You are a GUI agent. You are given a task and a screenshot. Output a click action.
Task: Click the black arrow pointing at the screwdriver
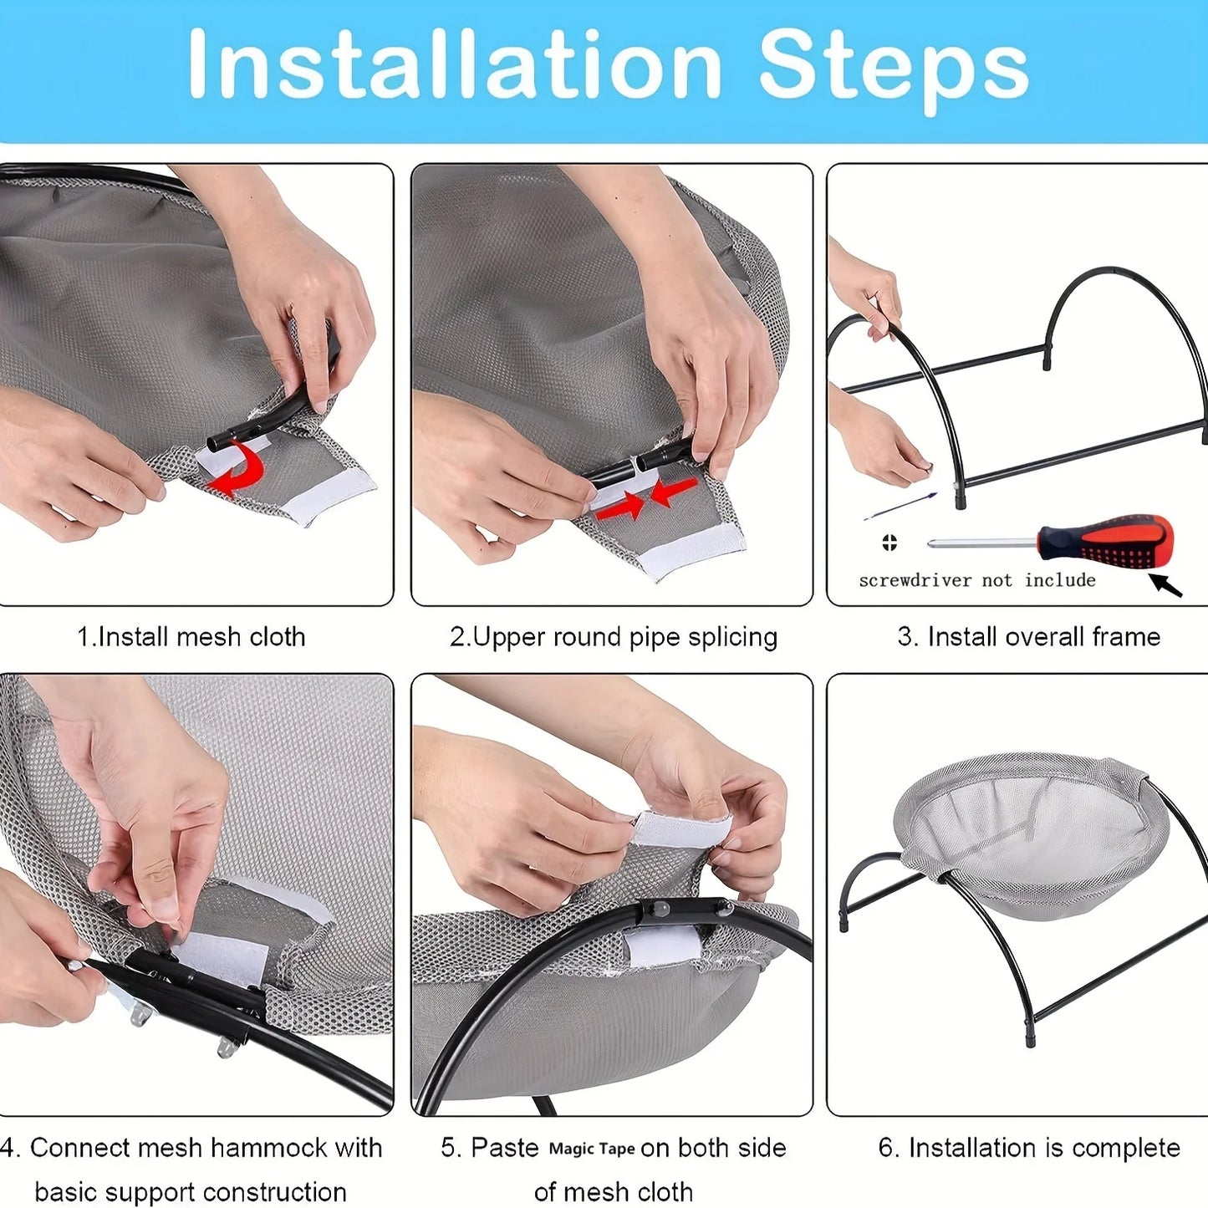1165,584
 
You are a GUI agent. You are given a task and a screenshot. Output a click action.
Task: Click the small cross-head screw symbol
889,543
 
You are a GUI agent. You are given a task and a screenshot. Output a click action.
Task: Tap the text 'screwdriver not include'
976,580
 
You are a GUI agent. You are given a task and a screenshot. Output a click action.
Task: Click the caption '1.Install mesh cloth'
191,637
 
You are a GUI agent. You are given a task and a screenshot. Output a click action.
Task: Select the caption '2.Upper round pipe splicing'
613,637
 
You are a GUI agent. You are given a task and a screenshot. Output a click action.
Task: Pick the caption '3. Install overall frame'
1028,637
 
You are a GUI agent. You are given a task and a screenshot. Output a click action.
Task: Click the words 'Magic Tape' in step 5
591,1149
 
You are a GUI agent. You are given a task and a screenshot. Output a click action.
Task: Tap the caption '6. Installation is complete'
1028,1148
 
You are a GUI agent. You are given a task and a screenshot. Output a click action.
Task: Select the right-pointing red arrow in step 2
620,505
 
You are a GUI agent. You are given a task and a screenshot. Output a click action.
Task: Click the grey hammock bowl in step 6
1032,836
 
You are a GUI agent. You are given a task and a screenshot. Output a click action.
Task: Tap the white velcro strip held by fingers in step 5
681,828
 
